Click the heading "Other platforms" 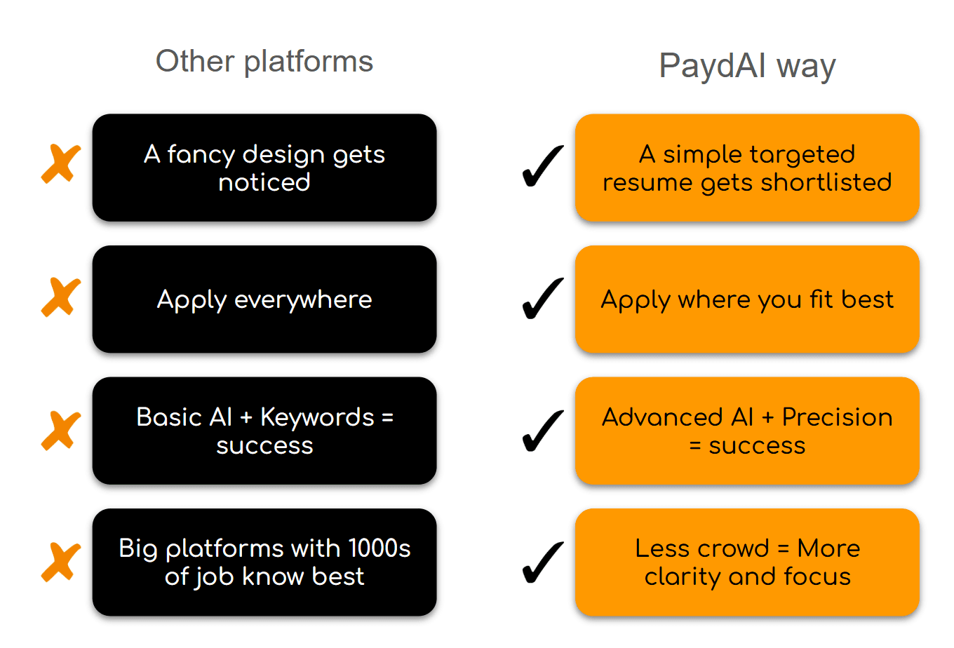[x=264, y=61]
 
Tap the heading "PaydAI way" [x=747, y=66]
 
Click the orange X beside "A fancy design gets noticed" [x=61, y=164]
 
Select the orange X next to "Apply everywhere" [x=61, y=297]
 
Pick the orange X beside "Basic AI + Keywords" [x=61, y=430]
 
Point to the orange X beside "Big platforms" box [x=61, y=562]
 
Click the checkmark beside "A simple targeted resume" [x=543, y=166]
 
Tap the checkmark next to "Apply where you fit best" [x=543, y=299]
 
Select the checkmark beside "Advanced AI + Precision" [x=543, y=431]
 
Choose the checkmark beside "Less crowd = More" [x=543, y=562]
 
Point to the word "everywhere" [x=303, y=299]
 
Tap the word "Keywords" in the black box [x=317, y=417]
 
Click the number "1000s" [x=379, y=548]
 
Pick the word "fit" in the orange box [x=821, y=299]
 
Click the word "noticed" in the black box [x=264, y=182]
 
